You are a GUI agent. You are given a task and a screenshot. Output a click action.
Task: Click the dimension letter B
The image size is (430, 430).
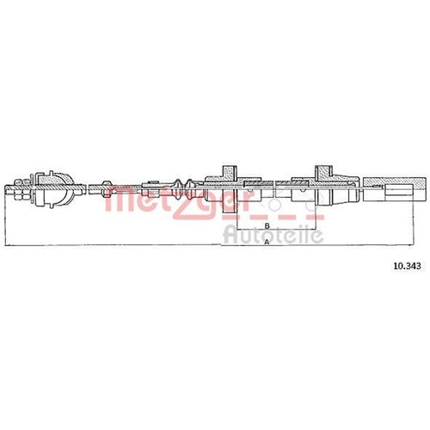point(267,225)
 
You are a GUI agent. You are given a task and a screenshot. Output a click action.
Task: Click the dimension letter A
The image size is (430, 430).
point(267,243)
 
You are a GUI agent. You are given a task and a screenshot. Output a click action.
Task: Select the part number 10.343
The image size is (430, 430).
point(408,267)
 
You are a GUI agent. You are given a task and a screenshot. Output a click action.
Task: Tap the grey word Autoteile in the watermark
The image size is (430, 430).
point(273,235)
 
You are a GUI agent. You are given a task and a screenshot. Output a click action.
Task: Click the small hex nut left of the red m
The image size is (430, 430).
point(107,188)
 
